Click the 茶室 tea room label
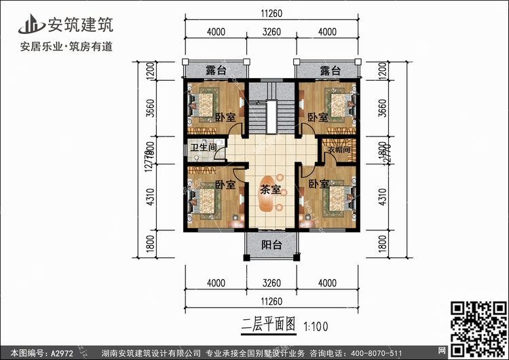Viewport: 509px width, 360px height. click(271, 191)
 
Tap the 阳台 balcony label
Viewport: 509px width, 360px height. click(271, 245)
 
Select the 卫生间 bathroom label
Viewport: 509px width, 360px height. click(203, 147)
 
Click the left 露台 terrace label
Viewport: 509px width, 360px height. click(216, 70)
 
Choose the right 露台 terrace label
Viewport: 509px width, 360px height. click(330, 70)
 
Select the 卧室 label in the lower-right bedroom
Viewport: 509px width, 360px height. click(318, 184)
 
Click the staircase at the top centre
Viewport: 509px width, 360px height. click(271, 115)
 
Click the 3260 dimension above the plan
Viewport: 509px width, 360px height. click(271, 31)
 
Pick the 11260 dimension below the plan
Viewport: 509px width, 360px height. click(271, 299)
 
